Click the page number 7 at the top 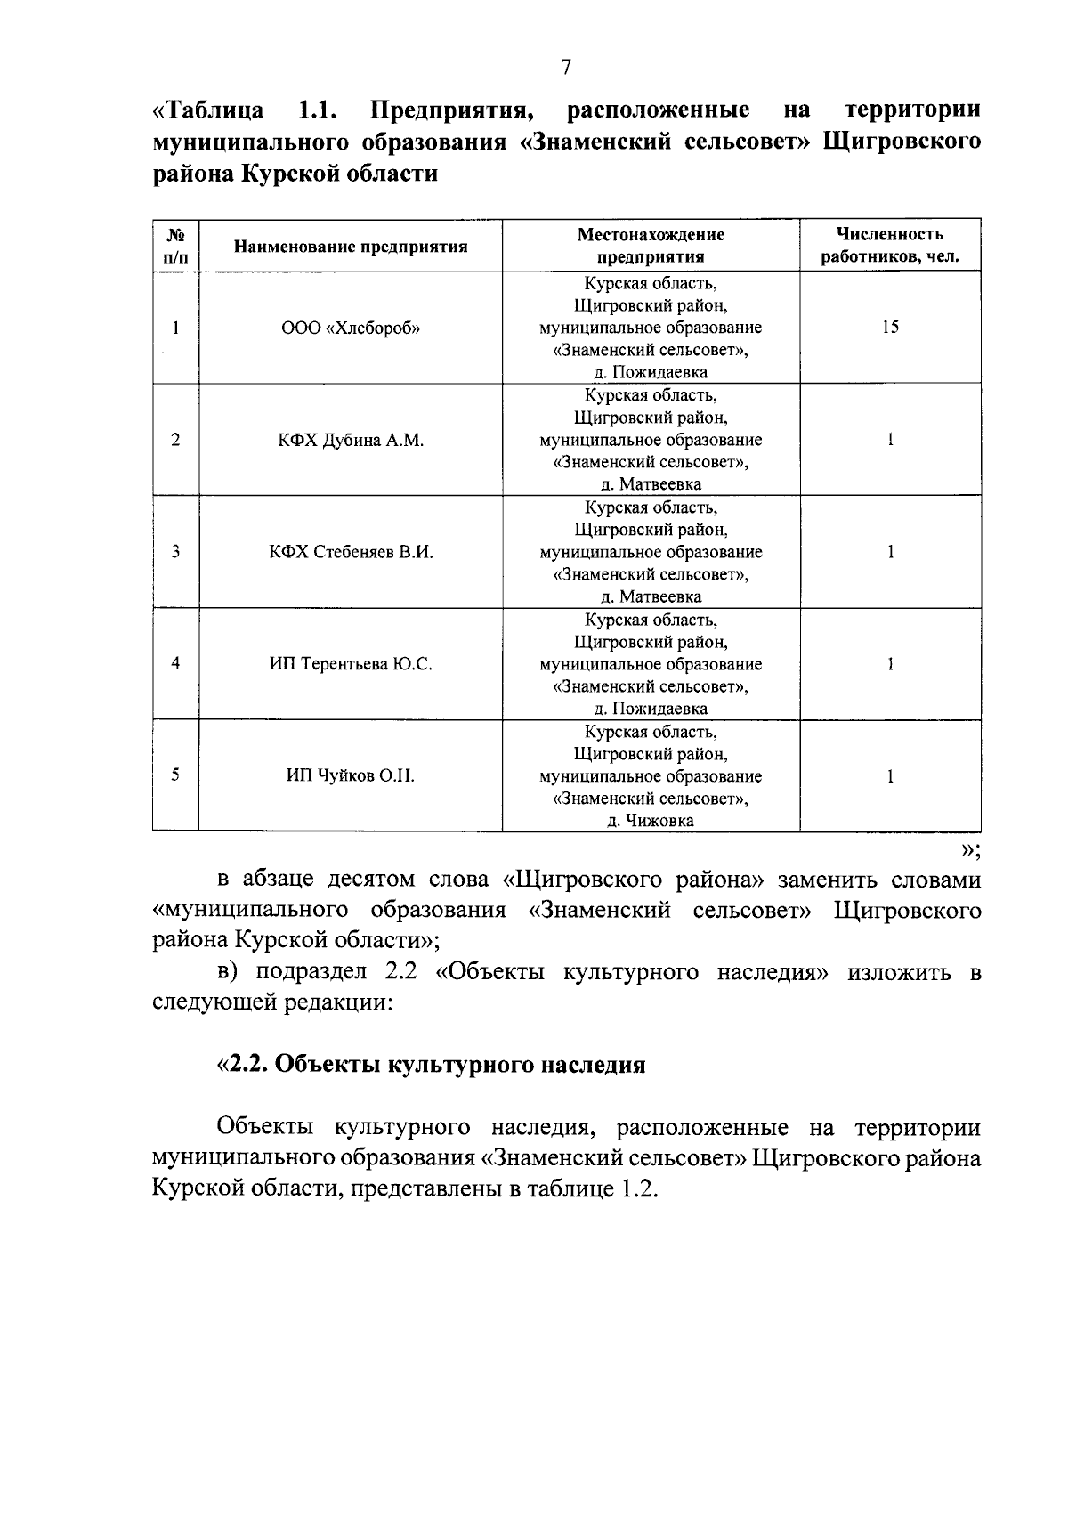pyautogui.click(x=565, y=68)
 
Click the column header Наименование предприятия pyautogui.click(x=351, y=247)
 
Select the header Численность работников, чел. pyautogui.click(x=889, y=246)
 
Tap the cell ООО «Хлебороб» pyautogui.click(x=351, y=328)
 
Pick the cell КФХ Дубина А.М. pyautogui.click(x=351, y=440)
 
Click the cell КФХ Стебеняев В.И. pyautogui.click(x=351, y=552)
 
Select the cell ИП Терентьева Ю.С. pyautogui.click(x=351, y=664)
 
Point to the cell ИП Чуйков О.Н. pyautogui.click(x=351, y=775)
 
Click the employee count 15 pyautogui.click(x=890, y=327)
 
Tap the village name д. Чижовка pyautogui.click(x=651, y=821)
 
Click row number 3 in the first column pyautogui.click(x=175, y=552)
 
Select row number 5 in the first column pyautogui.click(x=175, y=775)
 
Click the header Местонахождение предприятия pyautogui.click(x=651, y=246)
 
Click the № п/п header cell pyautogui.click(x=175, y=246)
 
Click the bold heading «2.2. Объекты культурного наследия pyautogui.click(x=432, y=1065)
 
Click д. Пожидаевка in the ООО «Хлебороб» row pyautogui.click(x=651, y=372)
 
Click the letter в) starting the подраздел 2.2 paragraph pyautogui.click(x=230, y=972)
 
